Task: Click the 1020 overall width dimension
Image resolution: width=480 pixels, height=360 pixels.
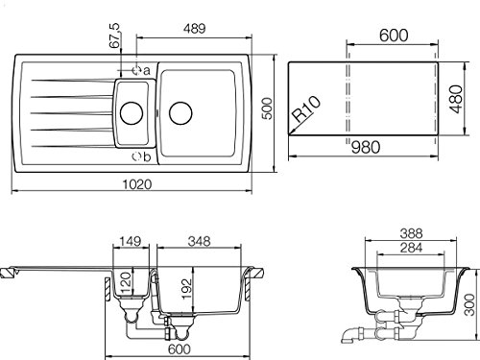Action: tap(137, 184)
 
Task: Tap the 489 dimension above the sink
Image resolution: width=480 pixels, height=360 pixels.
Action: tap(194, 29)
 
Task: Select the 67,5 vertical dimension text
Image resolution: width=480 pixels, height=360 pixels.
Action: tap(114, 36)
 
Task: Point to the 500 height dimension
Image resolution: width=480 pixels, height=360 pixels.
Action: tap(267, 108)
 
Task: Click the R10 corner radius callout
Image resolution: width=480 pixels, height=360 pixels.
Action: tap(306, 108)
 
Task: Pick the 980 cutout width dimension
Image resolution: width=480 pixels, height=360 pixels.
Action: tap(366, 147)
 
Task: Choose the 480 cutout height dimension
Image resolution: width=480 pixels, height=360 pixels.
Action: tap(456, 99)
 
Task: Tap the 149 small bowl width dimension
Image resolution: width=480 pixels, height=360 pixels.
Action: tap(132, 241)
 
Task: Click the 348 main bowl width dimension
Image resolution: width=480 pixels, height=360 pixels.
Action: tap(199, 241)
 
